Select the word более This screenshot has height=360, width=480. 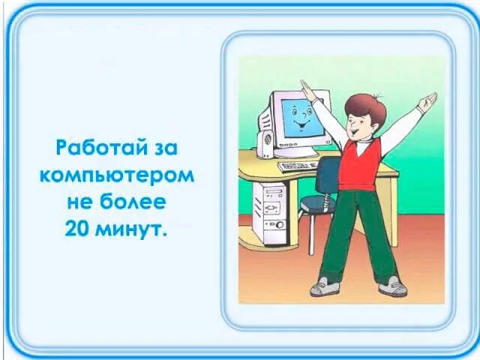click(136, 202)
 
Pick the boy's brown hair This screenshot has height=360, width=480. click(367, 107)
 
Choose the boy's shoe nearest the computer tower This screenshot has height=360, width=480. click(325, 286)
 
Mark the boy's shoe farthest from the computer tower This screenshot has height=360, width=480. click(392, 286)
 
